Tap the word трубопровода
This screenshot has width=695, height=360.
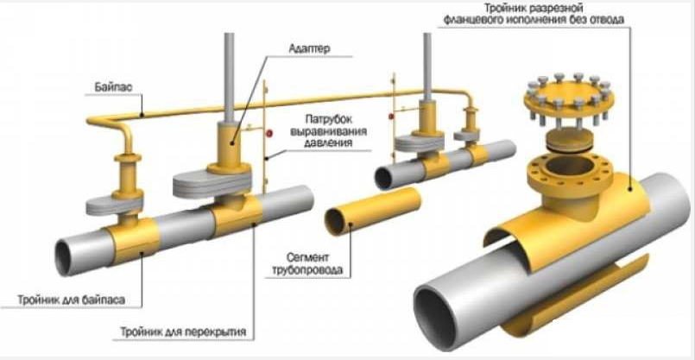click(x=316, y=270)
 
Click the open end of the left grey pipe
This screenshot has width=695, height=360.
click(x=69, y=256)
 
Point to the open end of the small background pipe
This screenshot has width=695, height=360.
click(x=385, y=178)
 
